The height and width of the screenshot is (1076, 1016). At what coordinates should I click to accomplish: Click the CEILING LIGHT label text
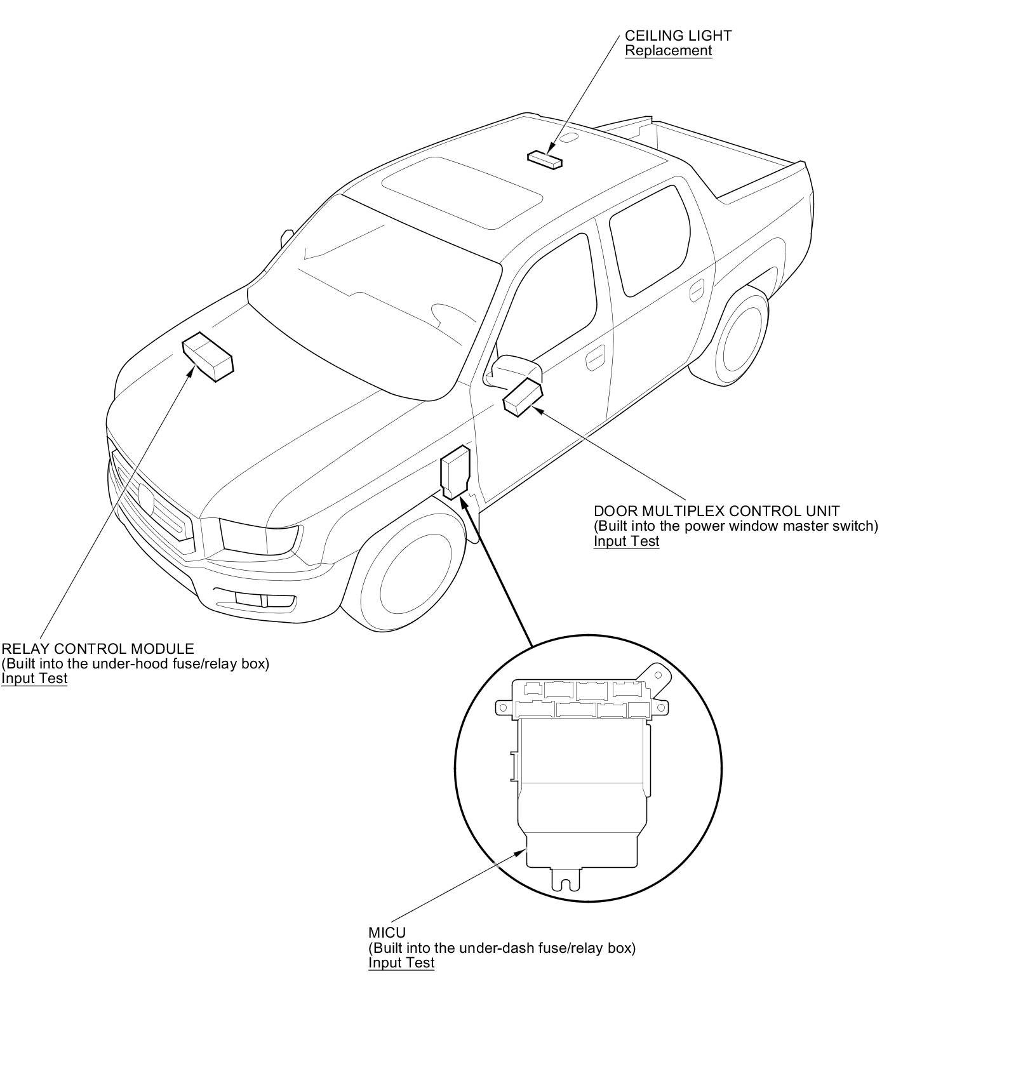(678, 36)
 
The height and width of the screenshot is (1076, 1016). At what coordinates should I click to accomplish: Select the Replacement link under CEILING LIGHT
(668, 51)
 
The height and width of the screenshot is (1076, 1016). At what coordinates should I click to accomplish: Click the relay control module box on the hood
(208, 357)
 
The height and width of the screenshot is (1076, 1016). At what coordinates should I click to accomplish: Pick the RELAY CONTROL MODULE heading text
(98, 649)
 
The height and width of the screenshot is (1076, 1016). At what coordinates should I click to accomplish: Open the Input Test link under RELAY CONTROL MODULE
(34, 678)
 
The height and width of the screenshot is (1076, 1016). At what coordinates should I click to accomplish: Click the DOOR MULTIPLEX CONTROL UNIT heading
(716, 511)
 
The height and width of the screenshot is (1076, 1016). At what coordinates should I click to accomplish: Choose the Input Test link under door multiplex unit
(626, 541)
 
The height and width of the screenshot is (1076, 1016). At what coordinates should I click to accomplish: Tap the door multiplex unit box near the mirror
(523, 397)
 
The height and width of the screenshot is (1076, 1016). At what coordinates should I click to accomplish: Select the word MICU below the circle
(387, 933)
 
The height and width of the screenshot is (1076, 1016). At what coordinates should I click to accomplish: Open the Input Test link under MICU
(401, 962)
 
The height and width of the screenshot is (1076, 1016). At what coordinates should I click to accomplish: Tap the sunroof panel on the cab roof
(462, 190)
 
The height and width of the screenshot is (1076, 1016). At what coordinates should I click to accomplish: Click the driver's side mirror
(512, 368)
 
